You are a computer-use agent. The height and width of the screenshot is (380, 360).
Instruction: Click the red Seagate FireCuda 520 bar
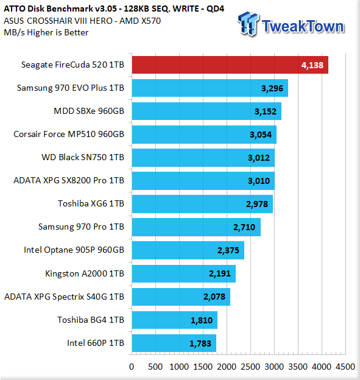click(230, 65)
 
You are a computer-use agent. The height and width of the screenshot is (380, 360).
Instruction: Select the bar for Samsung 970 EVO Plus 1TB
click(210, 88)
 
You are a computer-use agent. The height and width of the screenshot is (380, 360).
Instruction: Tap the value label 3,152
click(266, 111)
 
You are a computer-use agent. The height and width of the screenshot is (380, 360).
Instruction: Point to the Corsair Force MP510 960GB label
click(69, 134)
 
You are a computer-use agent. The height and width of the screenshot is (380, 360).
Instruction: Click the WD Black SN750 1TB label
click(83, 157)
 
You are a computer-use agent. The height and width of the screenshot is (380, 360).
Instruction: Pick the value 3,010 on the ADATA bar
click(259, 181)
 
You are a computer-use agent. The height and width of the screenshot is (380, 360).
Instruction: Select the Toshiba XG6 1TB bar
click(202, 204)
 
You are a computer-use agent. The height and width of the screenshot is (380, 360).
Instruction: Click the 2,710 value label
click(244, 227)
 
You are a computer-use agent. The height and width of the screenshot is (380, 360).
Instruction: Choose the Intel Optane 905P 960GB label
click(74, 250)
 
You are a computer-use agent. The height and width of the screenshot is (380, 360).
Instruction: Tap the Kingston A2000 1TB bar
click(184, 273)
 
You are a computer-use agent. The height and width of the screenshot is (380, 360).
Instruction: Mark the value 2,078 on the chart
click(214, 297)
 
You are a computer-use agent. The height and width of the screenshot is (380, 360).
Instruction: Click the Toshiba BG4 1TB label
click(91, 320)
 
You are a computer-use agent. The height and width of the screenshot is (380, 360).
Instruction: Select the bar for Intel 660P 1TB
click(174, 343)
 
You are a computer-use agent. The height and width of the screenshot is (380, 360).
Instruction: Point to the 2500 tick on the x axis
click(250, 367)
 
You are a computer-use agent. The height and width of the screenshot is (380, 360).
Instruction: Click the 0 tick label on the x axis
click(132, 367)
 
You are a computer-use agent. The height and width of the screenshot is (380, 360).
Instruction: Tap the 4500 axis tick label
click(345, 367)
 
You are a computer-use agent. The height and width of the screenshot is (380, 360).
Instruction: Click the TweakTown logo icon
click(249, 24)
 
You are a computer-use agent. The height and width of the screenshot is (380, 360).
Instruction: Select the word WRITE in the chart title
click(183, 9)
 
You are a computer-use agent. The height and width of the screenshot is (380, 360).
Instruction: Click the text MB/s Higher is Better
click(46, 32)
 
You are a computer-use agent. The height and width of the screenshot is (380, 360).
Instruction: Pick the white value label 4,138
click(312, 65)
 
